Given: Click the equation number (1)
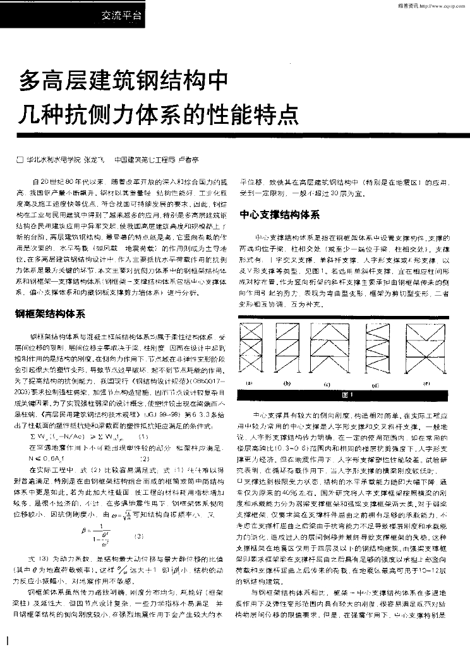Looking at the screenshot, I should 143,435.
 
